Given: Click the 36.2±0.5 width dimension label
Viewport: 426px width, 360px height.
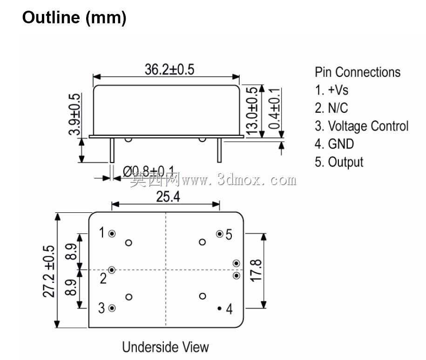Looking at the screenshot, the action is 169,69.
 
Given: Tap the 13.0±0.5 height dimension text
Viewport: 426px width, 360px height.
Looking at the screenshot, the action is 251,110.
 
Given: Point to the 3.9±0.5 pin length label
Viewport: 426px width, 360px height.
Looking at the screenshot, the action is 74,115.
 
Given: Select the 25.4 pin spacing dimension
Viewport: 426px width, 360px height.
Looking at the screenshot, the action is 168,197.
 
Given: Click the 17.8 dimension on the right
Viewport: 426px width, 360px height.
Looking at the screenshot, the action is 256,271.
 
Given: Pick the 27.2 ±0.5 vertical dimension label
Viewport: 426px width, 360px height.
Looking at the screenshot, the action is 49,271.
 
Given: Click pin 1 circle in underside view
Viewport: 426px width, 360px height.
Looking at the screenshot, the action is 112,234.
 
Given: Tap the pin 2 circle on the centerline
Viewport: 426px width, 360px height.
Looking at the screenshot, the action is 112,270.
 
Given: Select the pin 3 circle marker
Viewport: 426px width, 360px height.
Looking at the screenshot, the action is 112,308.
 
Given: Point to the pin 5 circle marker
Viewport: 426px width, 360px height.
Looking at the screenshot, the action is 220,234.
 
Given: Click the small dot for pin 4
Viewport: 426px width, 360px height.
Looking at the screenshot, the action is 219,308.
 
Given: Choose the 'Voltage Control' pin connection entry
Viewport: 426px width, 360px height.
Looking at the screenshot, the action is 368,126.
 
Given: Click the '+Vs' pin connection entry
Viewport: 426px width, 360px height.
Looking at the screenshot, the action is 338,90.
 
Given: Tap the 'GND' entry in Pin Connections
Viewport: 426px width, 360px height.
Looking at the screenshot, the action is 341,144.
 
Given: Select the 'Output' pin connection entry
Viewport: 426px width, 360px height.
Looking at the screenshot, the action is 345,163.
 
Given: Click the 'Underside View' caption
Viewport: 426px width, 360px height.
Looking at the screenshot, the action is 165,347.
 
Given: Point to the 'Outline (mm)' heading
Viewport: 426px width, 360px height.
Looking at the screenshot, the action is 74,18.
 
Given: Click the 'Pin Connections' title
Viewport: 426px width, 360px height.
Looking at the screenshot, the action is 358,72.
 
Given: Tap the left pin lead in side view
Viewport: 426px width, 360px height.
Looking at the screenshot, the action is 112,150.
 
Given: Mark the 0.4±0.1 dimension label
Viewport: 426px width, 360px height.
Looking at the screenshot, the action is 274,109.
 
